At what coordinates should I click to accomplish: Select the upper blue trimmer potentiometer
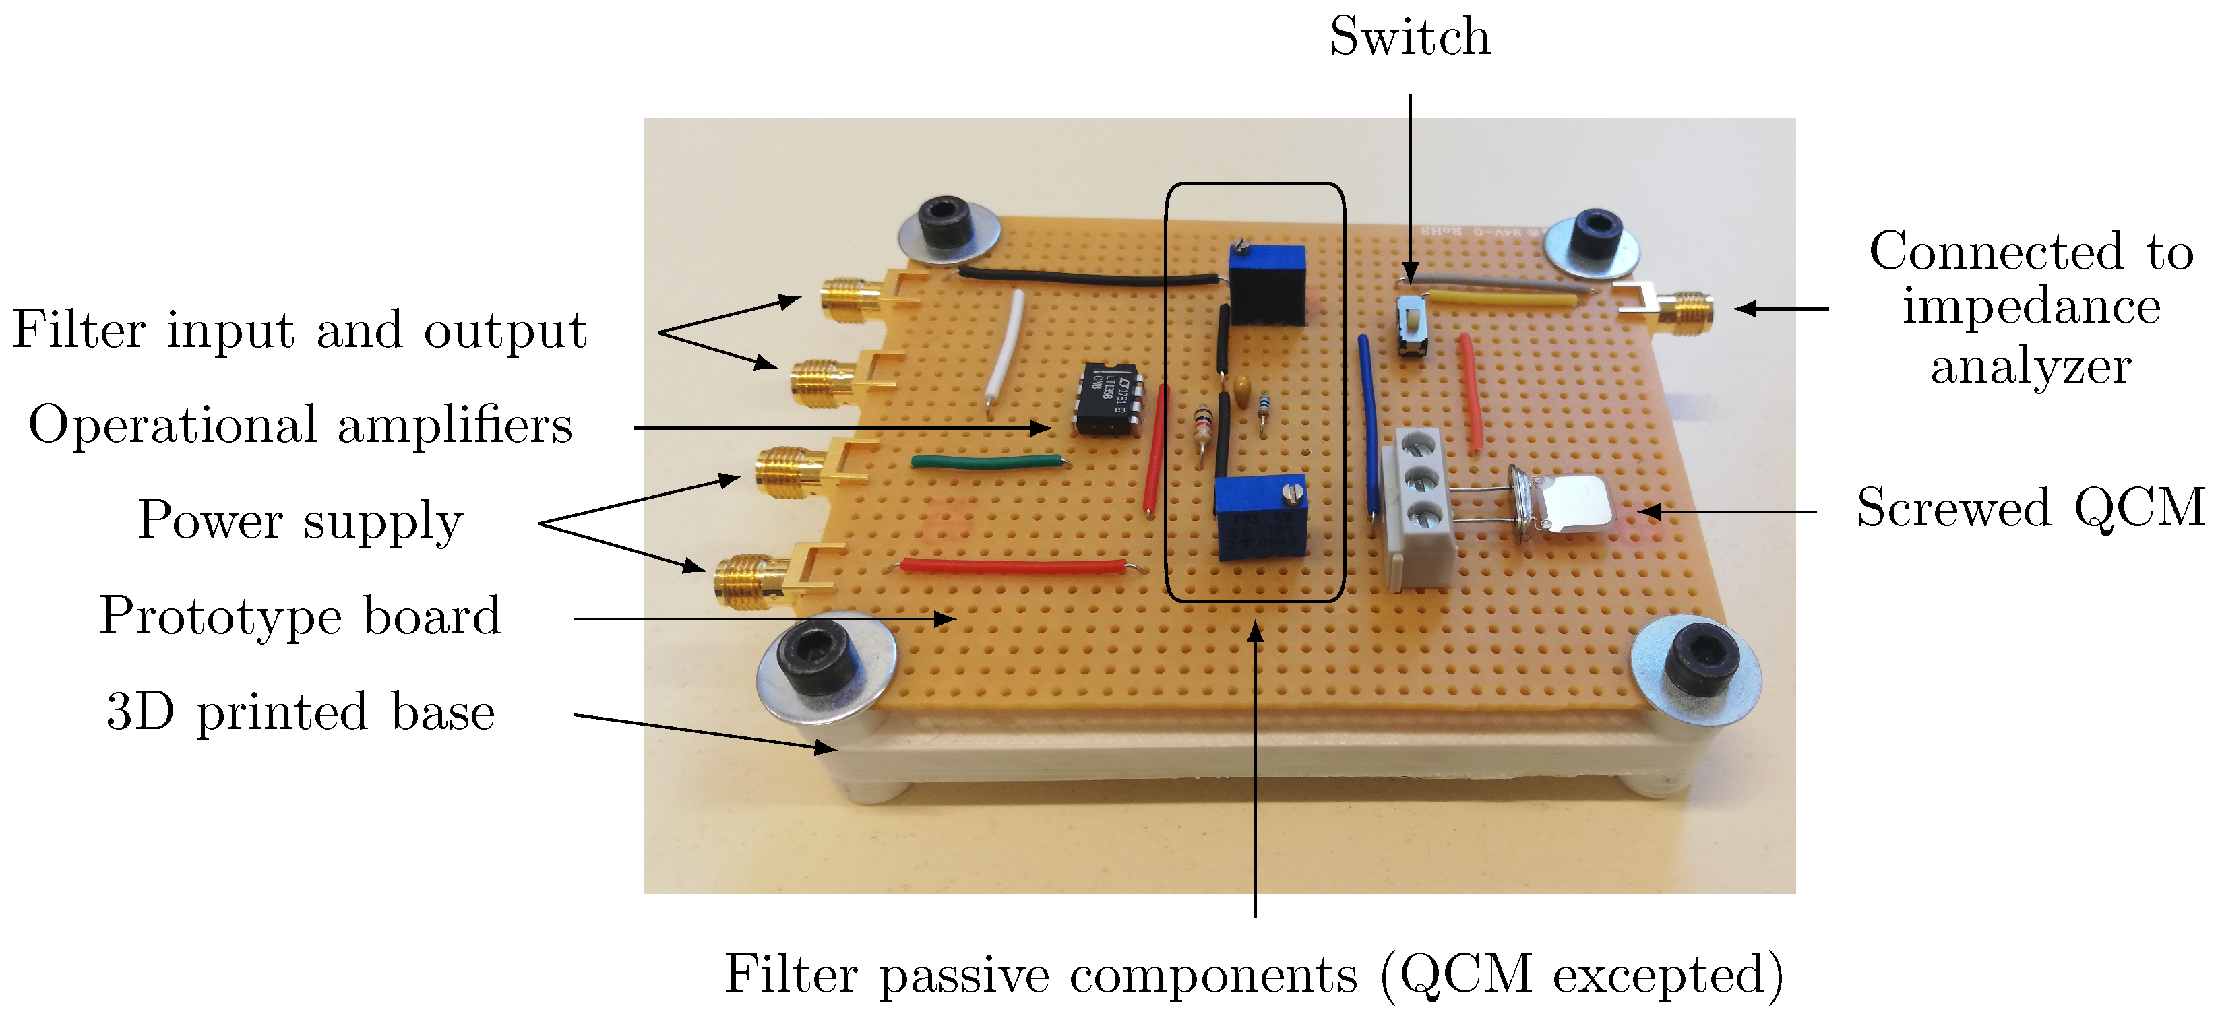[x=1267, y=284]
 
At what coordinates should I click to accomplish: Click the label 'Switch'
[x=1410, y=37]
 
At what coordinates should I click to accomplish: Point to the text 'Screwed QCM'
[x=2029, y=508]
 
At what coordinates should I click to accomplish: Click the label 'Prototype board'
[x=300, y=616]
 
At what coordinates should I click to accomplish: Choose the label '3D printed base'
[x=301, y=711]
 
